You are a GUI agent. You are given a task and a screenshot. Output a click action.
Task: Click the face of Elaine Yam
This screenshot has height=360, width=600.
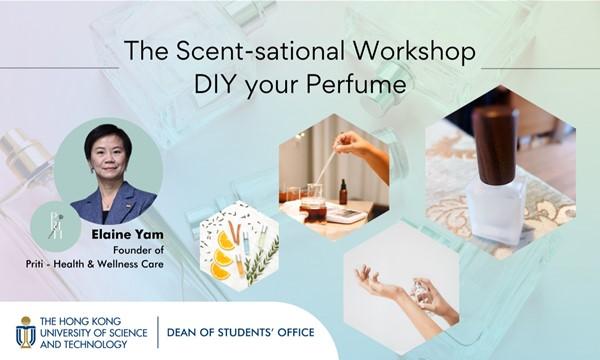click(x=107, y=163)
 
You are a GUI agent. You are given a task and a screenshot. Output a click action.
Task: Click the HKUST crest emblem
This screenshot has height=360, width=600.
click(x=24, y=332)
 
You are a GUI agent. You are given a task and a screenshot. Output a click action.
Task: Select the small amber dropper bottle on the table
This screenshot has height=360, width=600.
click(x=343, y=190)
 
